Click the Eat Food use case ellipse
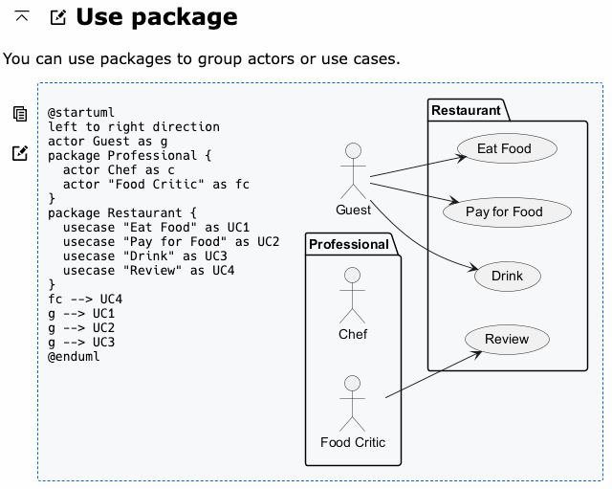[x=507, y=148]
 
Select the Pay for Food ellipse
[x=507, y=212]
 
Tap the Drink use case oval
[x=508, y=277]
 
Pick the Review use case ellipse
[x=507, y=339]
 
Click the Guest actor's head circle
[x=353, y=151]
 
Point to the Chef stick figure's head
[x=353, y=275]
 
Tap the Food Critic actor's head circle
[x=353, y=384]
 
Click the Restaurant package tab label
[x=466, y=111]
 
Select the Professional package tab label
[x=348, y=245]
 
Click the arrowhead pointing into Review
[x=477, y=354]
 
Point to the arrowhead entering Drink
[x=473, y=268]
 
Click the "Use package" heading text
[x=157, y=17]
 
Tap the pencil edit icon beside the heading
[x=58, y=17]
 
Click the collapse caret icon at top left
[x=22, y=16]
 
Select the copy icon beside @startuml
[x=20, y=114]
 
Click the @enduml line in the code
[x=74, y=357]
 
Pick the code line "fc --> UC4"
[x=85, y=300]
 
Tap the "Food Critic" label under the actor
[x=353, y=442]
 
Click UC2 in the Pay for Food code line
[x=268, y=242]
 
